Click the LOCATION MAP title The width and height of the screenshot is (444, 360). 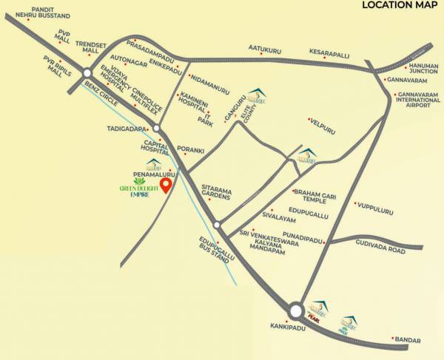(x=400, y=6)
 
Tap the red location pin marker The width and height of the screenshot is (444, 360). (x=166, y=184)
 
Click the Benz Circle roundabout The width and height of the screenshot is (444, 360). (x=87, y=72)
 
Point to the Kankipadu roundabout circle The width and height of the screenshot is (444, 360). (x=296, y=311)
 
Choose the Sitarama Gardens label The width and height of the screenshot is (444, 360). (x=215, y=194)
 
